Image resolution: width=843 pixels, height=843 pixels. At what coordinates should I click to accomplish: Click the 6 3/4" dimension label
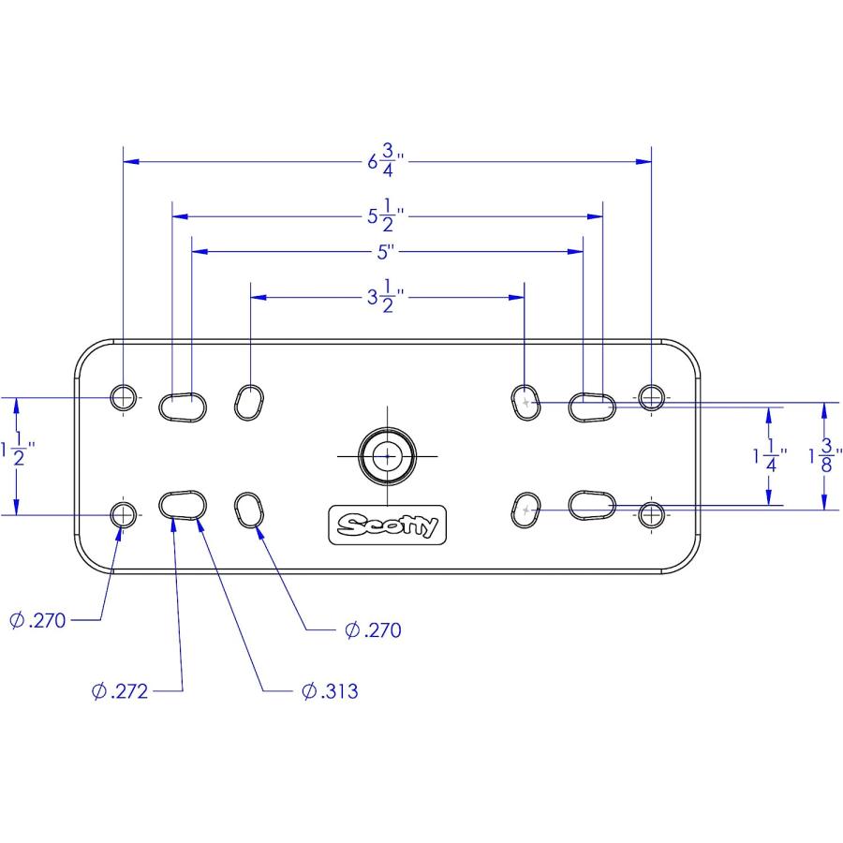point(386,160)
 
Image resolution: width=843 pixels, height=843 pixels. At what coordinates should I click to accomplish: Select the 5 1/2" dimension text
point(386,215)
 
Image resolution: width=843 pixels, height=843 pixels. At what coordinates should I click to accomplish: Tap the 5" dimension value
point(386,252)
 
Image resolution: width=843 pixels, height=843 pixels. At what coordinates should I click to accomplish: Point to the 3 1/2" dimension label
point(386,296)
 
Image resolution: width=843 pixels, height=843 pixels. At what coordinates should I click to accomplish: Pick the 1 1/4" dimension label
point(770,456)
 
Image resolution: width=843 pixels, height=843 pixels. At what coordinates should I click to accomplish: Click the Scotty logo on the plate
point(387,525)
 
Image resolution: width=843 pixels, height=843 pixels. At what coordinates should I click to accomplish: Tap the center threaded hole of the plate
point(387,456)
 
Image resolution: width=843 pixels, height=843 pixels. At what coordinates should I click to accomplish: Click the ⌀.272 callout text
point(119,691)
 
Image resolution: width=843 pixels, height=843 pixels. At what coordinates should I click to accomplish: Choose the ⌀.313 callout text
point(330,691)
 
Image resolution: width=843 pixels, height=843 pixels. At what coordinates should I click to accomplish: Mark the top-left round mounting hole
point(123,398)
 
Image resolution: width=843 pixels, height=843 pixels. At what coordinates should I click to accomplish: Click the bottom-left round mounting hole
point(123,515)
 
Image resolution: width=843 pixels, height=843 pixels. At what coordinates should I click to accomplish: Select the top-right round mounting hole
point(651,398)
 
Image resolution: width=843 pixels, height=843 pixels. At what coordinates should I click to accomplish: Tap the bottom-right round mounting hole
point(651,515)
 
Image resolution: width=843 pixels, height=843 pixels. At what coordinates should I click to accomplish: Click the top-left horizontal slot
point(183,407)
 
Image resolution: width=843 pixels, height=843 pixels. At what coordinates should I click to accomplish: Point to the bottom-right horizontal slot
point(592,506)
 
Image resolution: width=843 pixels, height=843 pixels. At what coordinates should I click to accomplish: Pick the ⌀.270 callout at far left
point(37,620)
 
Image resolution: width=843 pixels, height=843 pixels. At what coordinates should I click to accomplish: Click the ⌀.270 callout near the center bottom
point(373,630)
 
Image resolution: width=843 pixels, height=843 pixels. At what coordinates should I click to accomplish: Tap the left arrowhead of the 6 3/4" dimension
point(131,161)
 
